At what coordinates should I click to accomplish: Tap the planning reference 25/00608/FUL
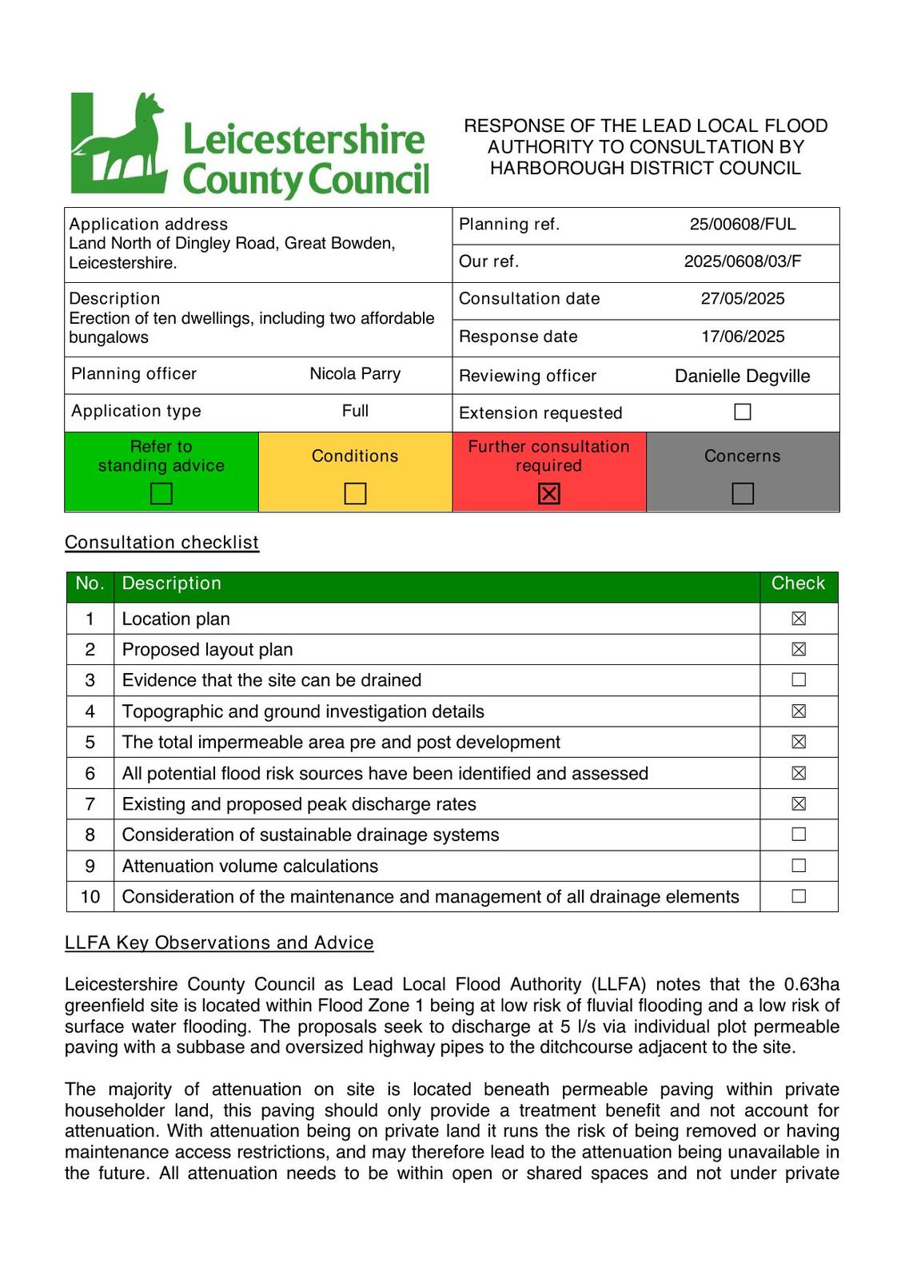(x=743, y=225)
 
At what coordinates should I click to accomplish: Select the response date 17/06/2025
(x=743, y=337)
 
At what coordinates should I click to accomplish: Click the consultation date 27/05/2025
(x=743, y=299)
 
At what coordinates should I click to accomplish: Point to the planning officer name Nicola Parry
(x=355, y=374)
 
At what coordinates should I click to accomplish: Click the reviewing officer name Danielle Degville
(x=742, y=377)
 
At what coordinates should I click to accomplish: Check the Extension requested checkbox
(x=743, y=412)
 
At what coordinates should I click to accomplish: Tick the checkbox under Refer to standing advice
(x=161, y=494)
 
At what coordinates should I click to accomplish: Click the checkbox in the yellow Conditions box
(x=355, y=494)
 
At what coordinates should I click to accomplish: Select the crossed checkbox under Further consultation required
(x=549, y=494)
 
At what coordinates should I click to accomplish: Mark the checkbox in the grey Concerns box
(x=743, y=494)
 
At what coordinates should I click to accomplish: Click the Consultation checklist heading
(x=161, y=543)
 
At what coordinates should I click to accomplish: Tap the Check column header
(x=798, y=584)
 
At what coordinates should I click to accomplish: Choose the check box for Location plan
(x=799, y=619)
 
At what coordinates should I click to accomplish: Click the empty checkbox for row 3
(x=799, y=680)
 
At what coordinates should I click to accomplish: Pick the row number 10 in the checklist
(x=90, y=897)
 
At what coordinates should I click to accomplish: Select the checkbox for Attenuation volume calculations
(x=799, y=866)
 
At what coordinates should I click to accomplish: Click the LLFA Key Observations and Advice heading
(x=219, y=943)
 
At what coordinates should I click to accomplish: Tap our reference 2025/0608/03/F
(x=743, y=261)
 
